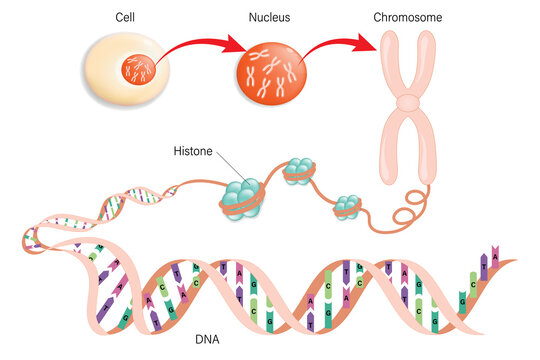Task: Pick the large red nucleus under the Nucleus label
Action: (268, 75)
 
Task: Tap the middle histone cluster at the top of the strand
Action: (299, 172)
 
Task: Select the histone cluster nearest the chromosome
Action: (348, 206)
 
